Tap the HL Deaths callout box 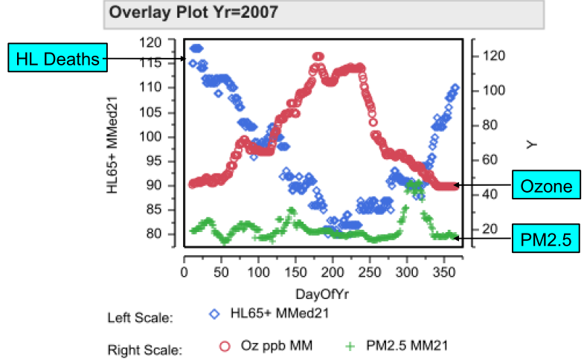(58, 59)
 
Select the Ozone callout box (545, 185)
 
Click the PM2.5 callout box (545, 239)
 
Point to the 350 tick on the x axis (444, 271)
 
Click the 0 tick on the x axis (184, 271)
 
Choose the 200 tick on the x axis (333, 271)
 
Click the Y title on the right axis (531, 144)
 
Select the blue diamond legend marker (214, 314)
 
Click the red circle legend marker (223, 346)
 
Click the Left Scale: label (141, 318)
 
